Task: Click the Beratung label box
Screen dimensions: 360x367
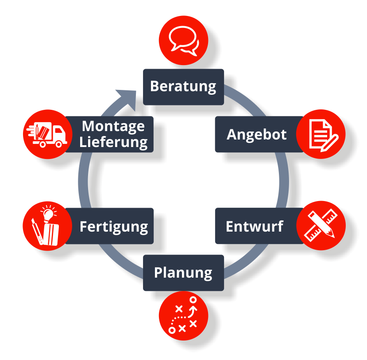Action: (x=183, y=86)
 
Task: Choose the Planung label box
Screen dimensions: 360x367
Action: (x=183, y=272)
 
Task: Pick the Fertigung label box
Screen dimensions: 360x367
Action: (x=114, y=226)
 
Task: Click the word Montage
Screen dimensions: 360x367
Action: (x=113, y=126)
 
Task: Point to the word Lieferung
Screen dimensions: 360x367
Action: (x=114, y=142)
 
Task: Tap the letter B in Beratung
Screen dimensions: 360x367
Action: (x=155, y=86)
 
